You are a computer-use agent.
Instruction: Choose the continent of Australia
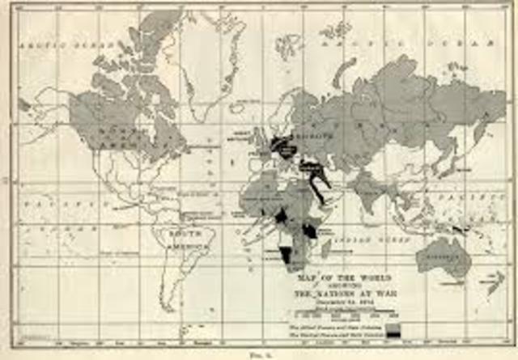click(442, 257)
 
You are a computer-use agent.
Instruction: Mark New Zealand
click(491, 282)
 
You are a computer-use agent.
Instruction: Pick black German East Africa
click(310, 231)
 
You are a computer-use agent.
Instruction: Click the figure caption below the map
click(259, 354)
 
